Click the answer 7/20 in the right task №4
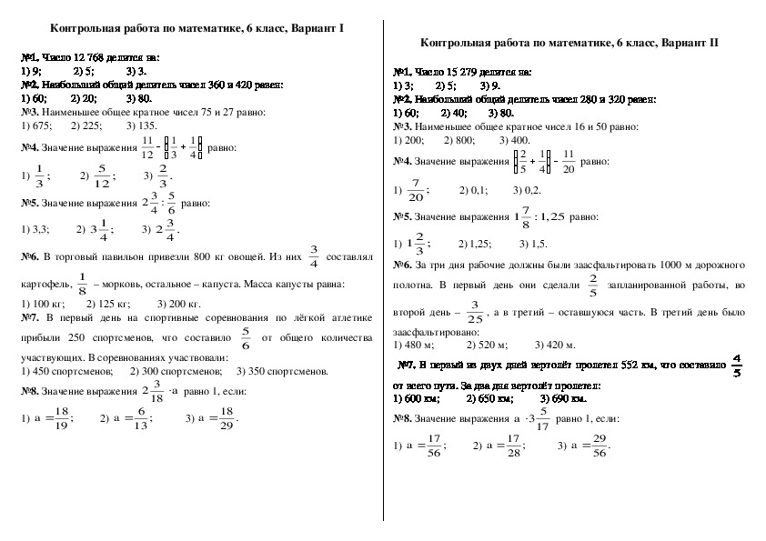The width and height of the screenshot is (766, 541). [417, 192]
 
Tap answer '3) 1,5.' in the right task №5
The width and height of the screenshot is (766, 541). [533, 244]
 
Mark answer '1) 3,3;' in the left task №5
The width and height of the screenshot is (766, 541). [35, 230]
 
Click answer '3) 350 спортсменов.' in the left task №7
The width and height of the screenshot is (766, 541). [282, 371]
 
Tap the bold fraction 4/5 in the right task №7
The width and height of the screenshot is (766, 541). [736, 366]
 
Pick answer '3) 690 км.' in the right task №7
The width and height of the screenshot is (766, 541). [563, 397]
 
